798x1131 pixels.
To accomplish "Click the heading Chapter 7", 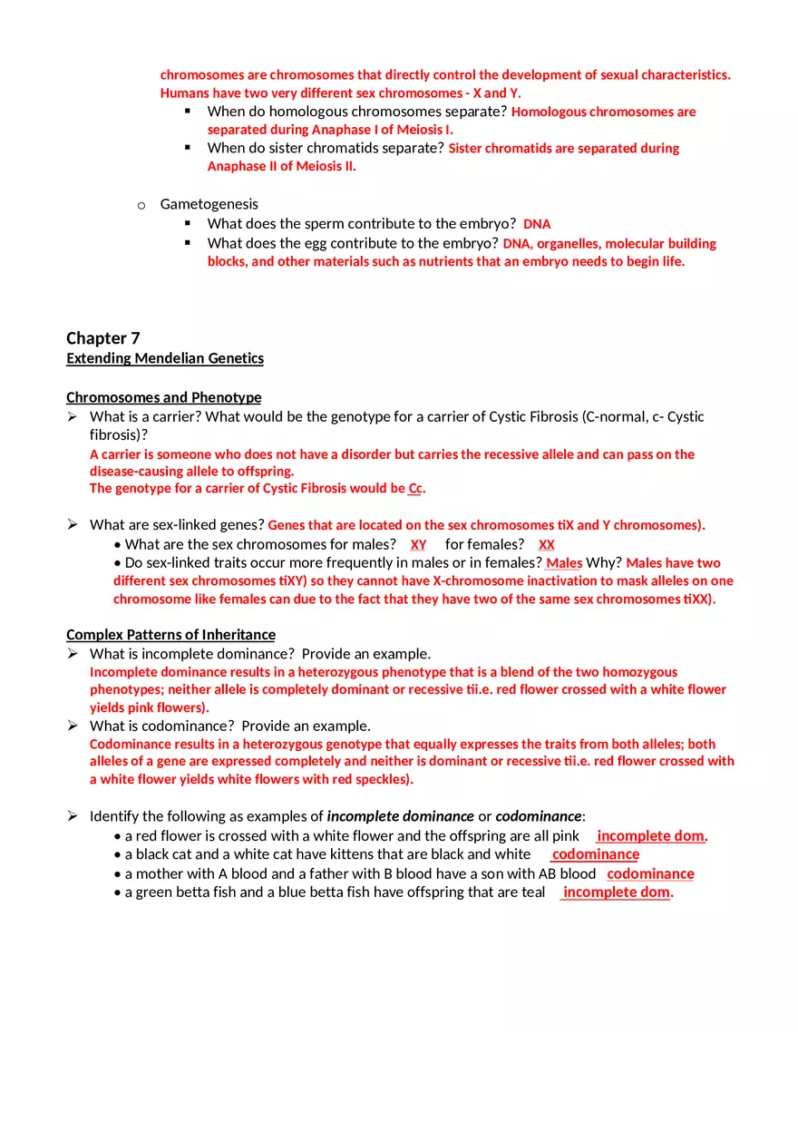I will click(x=103, y=338).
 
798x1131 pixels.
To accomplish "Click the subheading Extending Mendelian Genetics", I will click(x=165, y=358).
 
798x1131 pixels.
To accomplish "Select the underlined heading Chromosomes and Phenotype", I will click(x=163, y=397).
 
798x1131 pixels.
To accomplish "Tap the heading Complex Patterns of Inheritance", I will click(x=170, y=635).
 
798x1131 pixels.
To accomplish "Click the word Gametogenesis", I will click(x=209, y=204).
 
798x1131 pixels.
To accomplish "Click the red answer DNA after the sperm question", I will click(x=537, y=224).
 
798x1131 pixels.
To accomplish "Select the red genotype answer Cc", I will click(x=415, y=489).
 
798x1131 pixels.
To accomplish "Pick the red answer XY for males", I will click(x=418, y=545).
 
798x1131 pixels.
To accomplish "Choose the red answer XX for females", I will click(x=547, y=545).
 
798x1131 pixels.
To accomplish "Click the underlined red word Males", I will click(x=564, y=563).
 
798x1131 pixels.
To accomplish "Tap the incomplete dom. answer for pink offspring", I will click(x=651, y=836).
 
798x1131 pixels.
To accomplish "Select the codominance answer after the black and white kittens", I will click(x=595, y=854).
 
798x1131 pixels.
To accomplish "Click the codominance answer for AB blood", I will click(x=650, y=874).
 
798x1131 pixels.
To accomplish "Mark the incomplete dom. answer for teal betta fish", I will click(x=617, y=892).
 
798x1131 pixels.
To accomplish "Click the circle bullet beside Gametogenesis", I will click(x=141, y=206).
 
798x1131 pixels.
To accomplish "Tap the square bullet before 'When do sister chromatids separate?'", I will click(x=188, y=147).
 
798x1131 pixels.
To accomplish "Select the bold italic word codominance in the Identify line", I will click(x=539, y=816).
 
